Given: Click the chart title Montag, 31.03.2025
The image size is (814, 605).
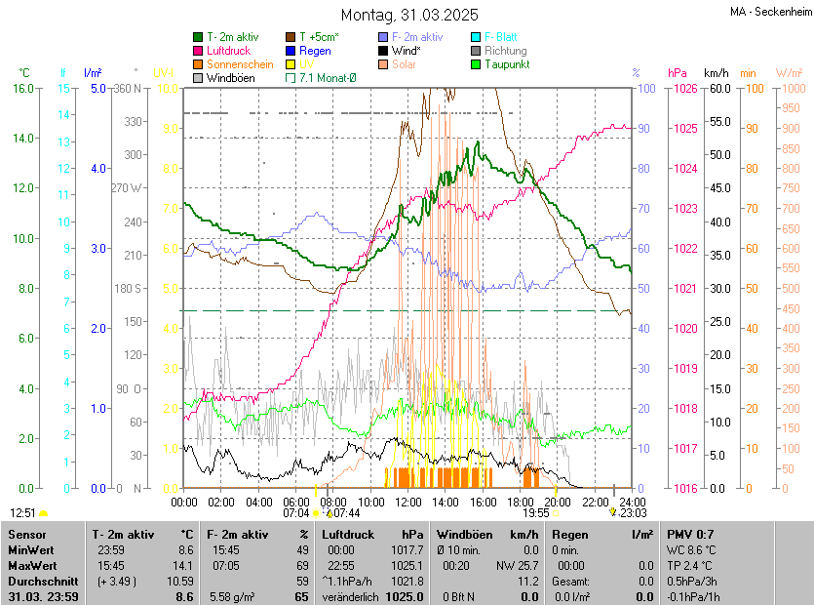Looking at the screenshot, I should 409,15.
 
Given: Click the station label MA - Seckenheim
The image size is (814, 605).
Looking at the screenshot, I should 770,12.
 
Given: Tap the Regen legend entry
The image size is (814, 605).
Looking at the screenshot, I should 315,51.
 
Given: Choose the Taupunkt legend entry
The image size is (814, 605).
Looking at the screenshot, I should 506,64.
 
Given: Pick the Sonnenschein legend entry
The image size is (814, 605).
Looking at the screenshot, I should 240,64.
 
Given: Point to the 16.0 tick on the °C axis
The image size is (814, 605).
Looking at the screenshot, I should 21,89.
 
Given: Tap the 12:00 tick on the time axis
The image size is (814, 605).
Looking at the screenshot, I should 407,502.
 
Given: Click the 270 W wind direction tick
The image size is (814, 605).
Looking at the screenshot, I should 127,188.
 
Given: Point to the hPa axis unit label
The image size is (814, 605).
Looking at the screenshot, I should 677,73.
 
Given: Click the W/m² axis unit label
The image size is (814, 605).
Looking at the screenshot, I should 789,73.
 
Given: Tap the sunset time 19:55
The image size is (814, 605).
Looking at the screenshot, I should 535,512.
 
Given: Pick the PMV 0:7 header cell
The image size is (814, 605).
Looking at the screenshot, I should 690,535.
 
